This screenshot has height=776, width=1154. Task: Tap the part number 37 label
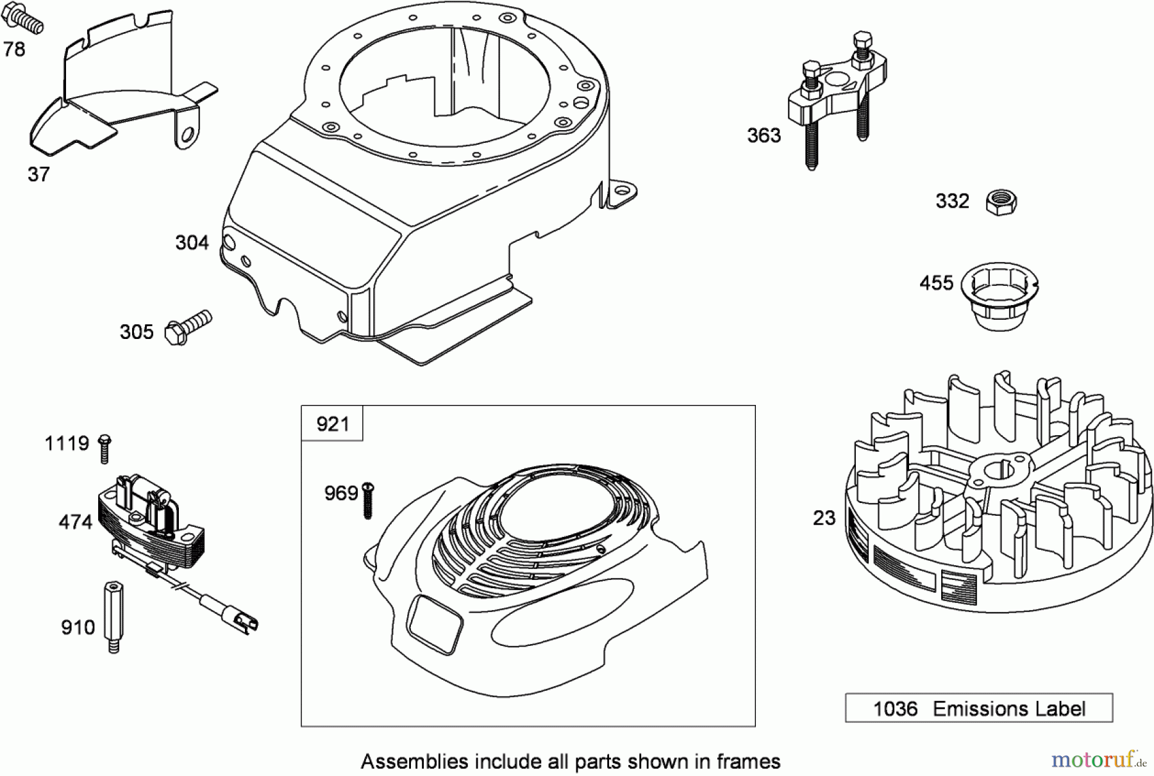tap(38, 174)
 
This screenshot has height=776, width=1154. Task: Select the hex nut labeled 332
tap(1001, 202)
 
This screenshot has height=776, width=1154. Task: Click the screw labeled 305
tap(188, 327)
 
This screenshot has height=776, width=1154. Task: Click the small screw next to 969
tap(368, 499)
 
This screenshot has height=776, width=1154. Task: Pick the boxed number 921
tap(332, 424)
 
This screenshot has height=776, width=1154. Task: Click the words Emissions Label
tap(1008, 709)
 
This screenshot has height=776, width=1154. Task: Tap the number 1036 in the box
tap(895, 709)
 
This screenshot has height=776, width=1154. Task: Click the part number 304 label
tap(192, 242)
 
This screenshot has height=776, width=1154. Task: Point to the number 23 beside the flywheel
tap(824, 517)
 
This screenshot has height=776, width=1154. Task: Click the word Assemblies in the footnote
tap(414, 761)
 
